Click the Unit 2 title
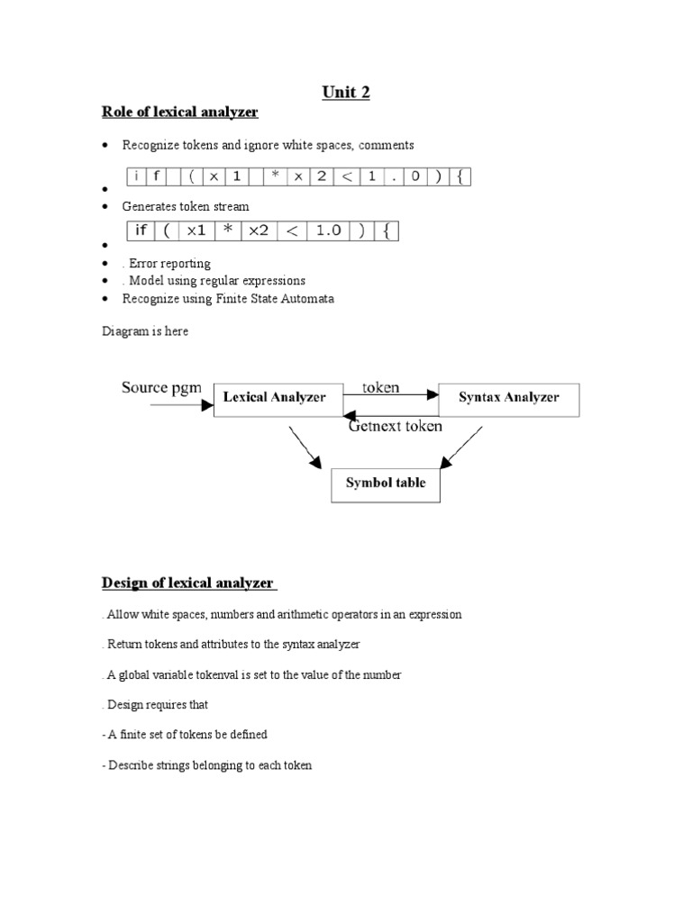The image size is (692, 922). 345,92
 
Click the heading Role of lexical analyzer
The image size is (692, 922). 178,113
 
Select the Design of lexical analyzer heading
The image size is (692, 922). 188,583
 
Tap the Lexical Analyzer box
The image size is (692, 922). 274,398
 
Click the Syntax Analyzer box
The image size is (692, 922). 508,398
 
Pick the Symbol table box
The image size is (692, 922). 386,484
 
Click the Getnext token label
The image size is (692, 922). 396,427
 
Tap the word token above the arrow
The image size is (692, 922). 381,388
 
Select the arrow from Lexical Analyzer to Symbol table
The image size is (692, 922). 305,447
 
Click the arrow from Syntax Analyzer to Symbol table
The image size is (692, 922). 464,447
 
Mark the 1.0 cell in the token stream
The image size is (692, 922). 328,230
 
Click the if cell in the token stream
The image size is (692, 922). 141,230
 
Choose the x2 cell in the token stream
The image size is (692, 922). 259,230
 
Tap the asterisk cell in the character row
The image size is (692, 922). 275,177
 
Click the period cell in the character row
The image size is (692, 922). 392,177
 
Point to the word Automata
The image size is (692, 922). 308,299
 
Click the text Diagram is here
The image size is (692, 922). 144,331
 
